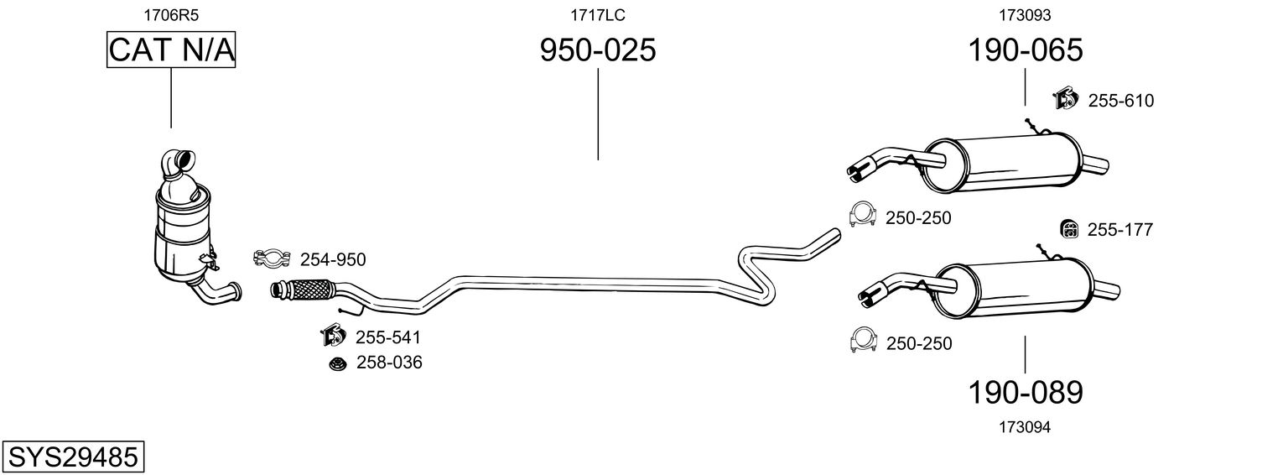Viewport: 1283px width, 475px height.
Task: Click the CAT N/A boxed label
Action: click(171, 50)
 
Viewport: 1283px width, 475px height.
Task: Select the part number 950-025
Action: click(598, 50)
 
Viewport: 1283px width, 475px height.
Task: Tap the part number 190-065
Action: click(1026, 50)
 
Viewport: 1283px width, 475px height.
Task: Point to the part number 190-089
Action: click(1026, 393)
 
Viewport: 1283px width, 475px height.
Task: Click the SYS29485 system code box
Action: click(73, 457)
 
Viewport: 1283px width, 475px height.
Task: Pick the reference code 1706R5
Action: click(171, 15)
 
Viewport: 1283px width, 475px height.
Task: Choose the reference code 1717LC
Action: click(597, 15)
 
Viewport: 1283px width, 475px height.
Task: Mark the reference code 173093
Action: click(1025, 15)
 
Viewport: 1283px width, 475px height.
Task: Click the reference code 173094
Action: click(1025, 427)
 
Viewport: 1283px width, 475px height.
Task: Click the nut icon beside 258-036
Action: click(338, 363)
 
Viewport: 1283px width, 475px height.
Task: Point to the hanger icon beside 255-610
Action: click(1065, 99)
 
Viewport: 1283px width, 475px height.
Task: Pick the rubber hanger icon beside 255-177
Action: click(1069, 229)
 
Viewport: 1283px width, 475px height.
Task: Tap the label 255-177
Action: click(1119, 230)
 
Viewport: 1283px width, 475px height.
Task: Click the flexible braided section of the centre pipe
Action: click(304, 289)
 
